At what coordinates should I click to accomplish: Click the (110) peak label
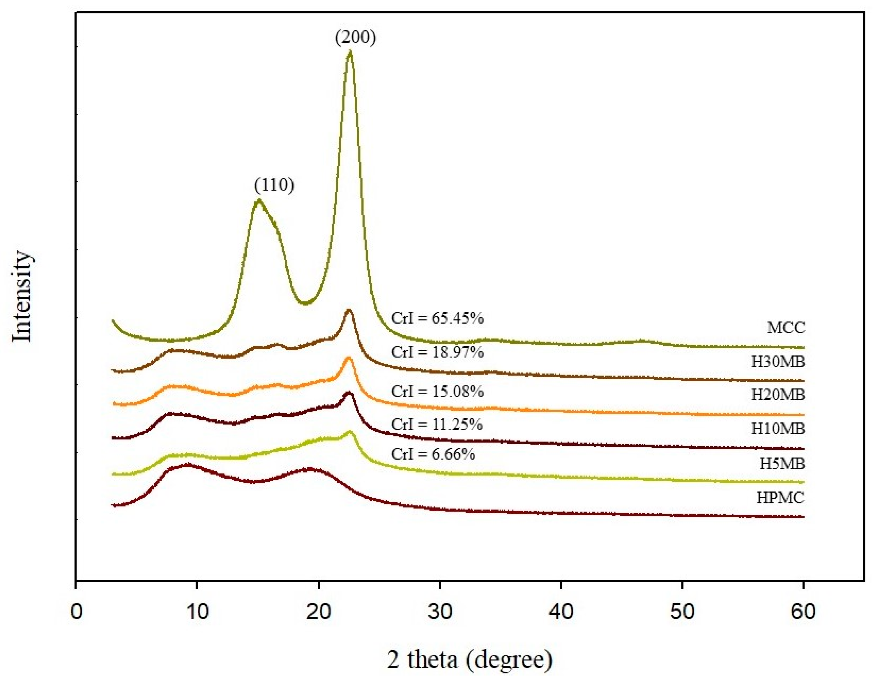click(x=274, y=185)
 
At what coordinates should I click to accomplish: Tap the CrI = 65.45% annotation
click(x=437, y=318)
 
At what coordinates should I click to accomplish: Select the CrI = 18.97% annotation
click(x=437, y=352)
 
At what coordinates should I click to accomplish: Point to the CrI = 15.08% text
click(x=437, y=391)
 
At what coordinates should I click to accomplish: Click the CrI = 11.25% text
click(x=437, y=424)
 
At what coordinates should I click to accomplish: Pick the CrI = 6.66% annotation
click(x=433, y=454)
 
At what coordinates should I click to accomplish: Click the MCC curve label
click(x=785, y=328)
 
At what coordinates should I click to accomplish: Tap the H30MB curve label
click(x=777, y=362)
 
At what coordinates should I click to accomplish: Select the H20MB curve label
click(x=777, y=395)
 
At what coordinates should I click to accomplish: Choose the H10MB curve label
click(x=777, y=429)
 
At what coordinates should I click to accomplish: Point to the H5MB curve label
click(x=782, y=464)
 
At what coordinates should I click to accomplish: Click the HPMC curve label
click(x=780, y=498)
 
